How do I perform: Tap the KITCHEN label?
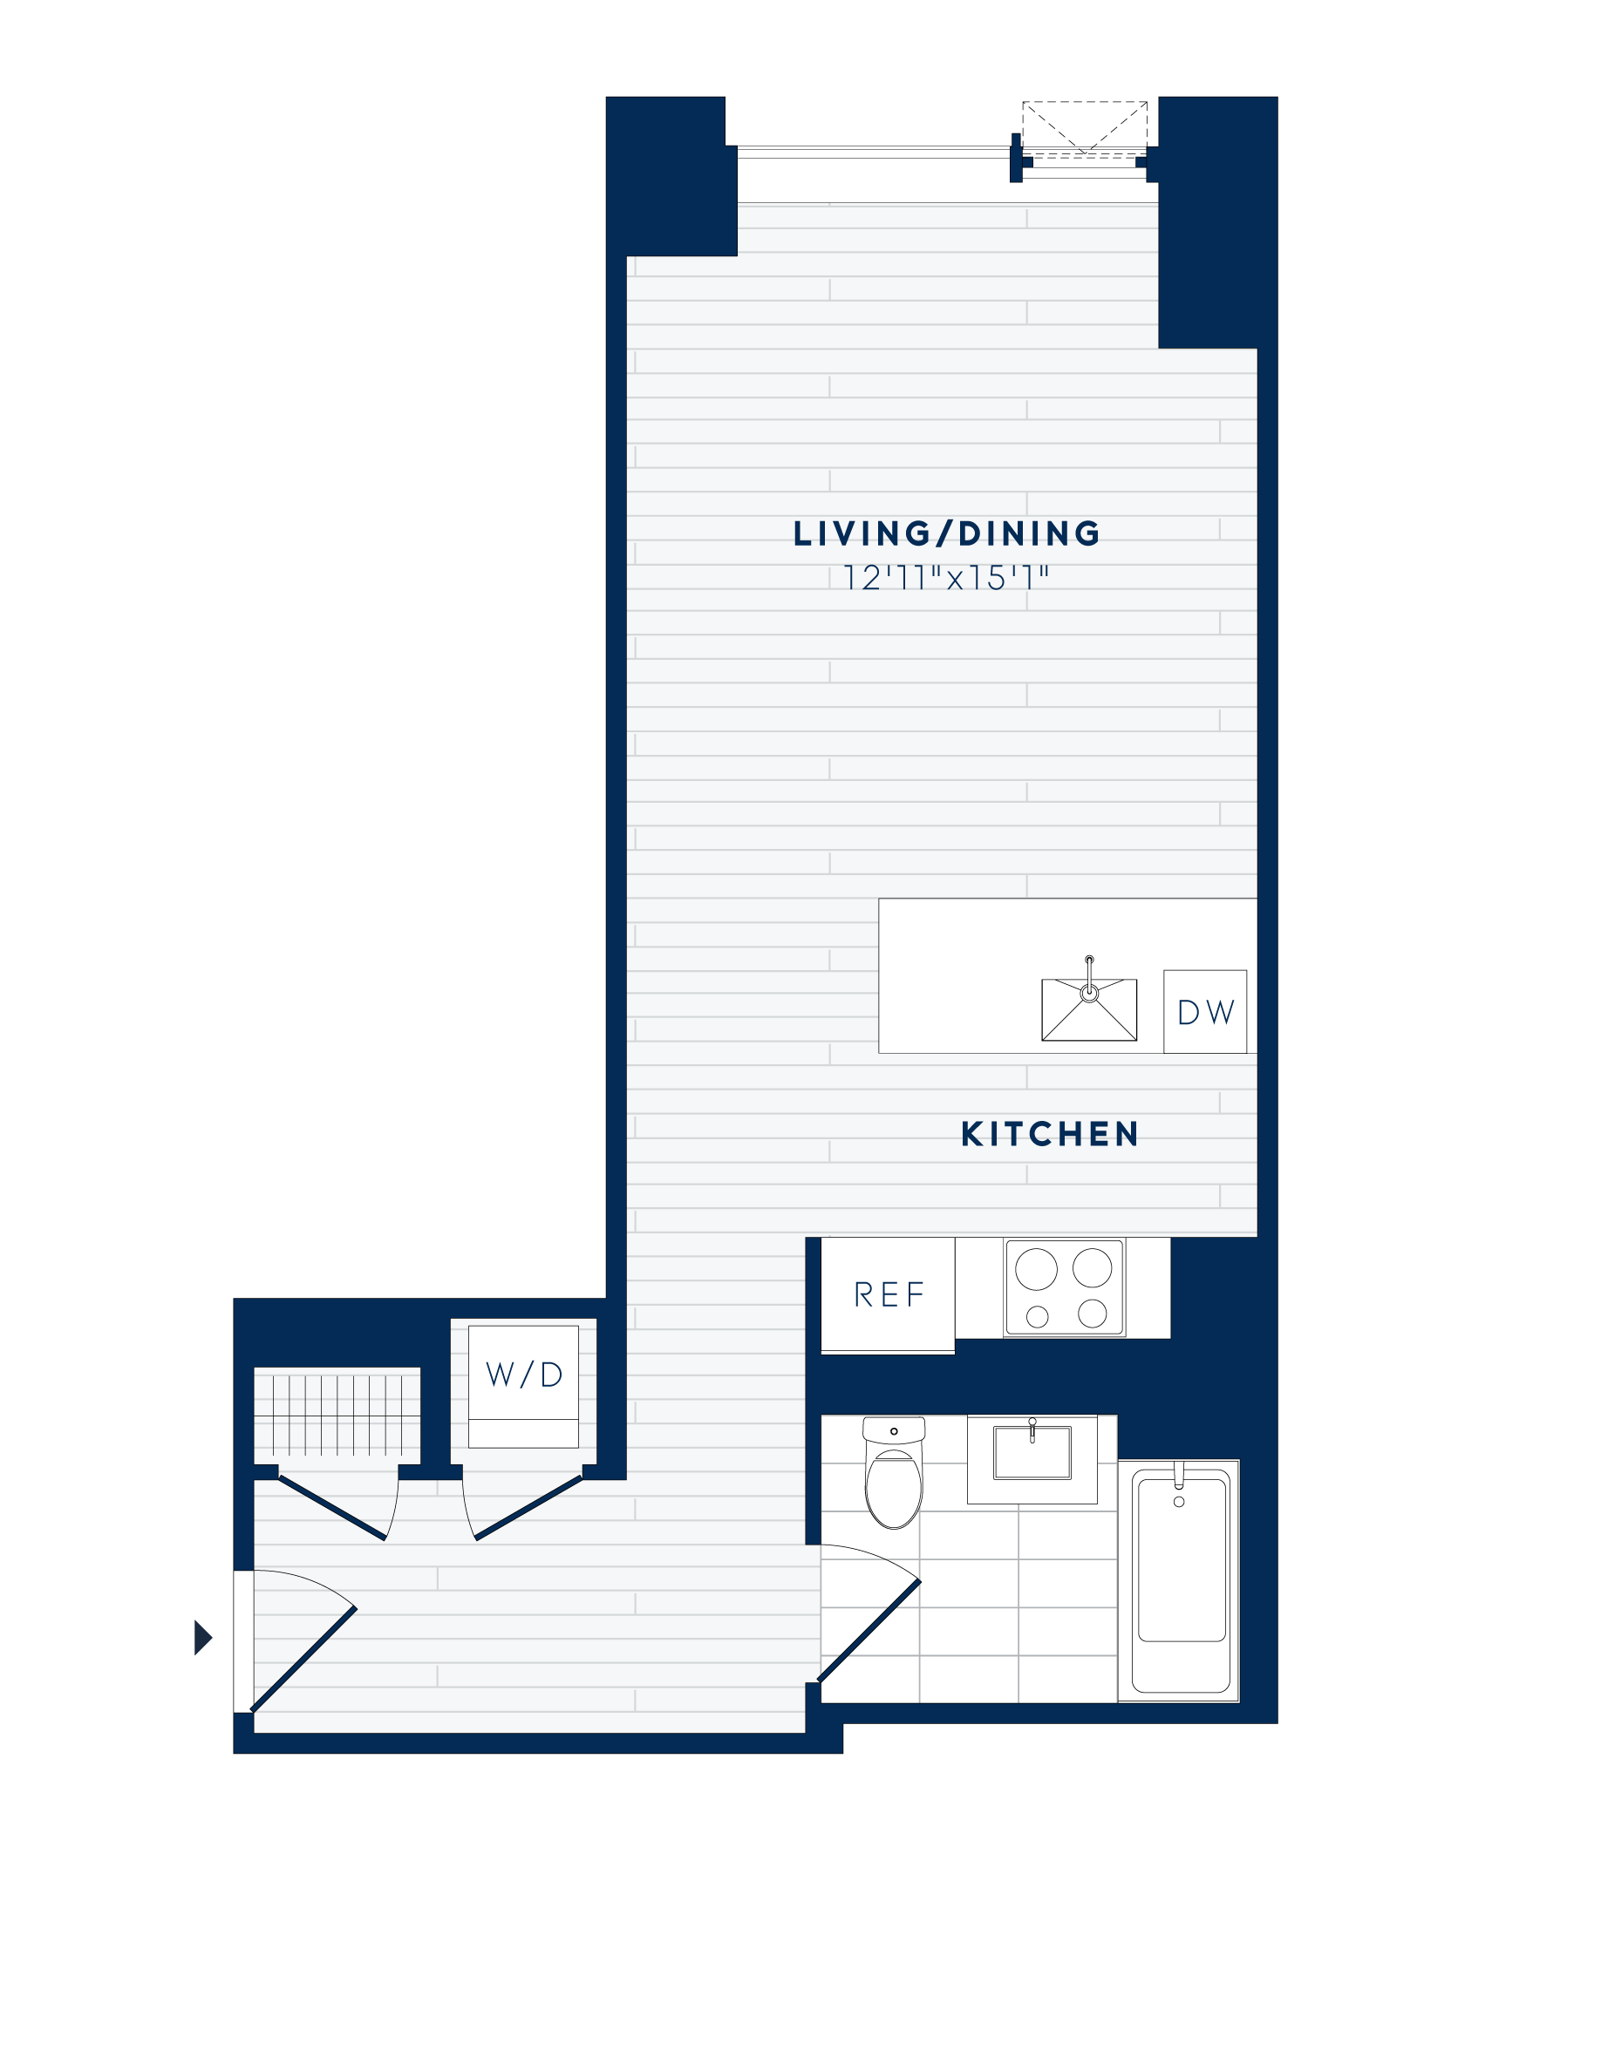(x=1049, y=1134)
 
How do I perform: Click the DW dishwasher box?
(x=1204, y=1012)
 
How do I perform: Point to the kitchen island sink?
(x=1089, y=1011)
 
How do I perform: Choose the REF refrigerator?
(x=888, y=1294)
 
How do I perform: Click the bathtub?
(x=1181, y=1579)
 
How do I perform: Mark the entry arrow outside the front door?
(x=202, y=1638)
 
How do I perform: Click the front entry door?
(x=303, y=1660)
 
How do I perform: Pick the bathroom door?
(x=868, y=1630)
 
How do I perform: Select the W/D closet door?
(x=527, y=1508)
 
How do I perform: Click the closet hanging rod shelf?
(x=337, y=1416)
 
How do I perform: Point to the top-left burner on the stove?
(x=1036, y=1269)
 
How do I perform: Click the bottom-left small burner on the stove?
(x=1038, y=1316)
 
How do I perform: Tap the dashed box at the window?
(x=1084, y=127)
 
